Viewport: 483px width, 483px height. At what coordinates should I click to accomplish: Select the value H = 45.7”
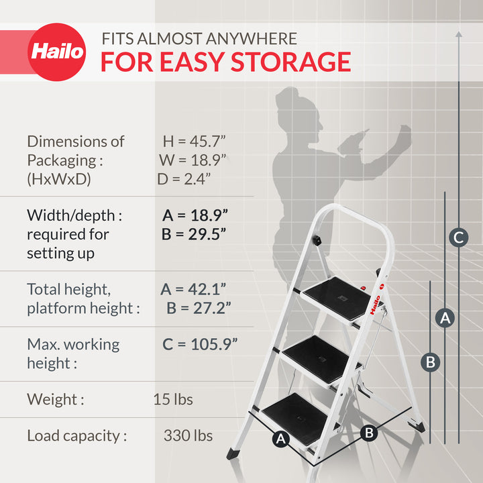click(195, 142)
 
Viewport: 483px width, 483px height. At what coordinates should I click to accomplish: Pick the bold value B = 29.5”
click(194, 234)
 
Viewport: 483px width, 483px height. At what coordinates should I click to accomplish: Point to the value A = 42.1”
click(193, 289)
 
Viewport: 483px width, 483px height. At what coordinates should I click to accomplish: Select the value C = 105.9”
click(200, 344)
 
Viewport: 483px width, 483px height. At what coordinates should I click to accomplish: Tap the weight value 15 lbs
click(173, 400)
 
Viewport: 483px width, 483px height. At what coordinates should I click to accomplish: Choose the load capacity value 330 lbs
click(188, 436)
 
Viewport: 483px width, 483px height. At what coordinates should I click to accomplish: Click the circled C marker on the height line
click(458, 237)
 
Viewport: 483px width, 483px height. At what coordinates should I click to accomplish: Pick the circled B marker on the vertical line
click(431, 362)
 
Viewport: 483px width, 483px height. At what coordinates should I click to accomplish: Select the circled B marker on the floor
click(368, 433)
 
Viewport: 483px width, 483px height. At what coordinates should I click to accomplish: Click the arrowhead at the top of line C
click(458, 32)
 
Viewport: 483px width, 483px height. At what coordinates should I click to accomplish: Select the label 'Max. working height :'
click(73, 354)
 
